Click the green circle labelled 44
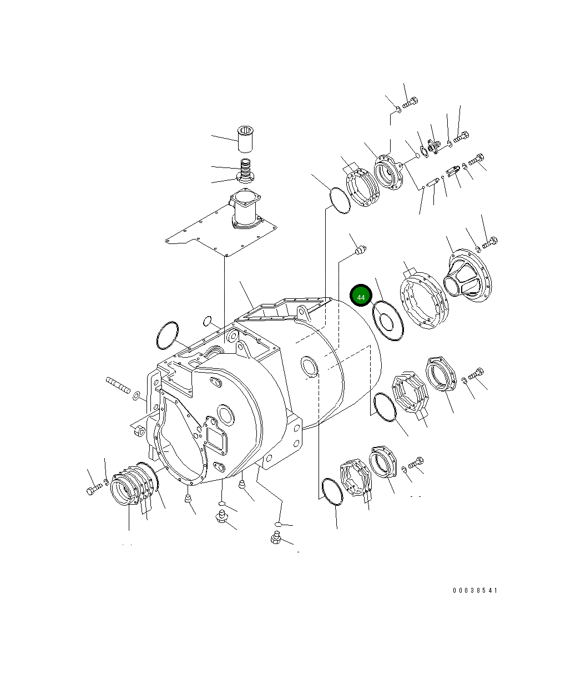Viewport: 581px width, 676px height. tap(361, 296)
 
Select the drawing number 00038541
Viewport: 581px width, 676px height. tap(474, 591)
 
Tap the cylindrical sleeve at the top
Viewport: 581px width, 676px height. tap(245, 140)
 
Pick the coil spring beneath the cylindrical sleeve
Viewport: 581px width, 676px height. tap(245, 166)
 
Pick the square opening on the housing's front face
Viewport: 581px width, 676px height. tap(216, 433)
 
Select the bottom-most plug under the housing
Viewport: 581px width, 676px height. tap(275, 537)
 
